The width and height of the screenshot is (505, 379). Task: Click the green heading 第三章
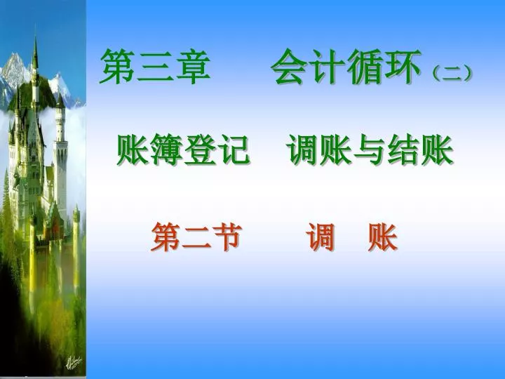click(x=155, y=67)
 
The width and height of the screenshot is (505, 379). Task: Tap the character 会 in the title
click(x=289, y=67)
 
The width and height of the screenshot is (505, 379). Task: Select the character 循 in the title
click(x=365, y=67)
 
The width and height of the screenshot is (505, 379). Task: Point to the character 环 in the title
click(x=403, y=67)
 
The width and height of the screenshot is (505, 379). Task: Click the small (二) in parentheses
click(x=452, y=74)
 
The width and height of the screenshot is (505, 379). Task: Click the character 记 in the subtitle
click(x=234, y=149)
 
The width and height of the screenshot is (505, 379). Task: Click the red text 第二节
click(x=196, y=237)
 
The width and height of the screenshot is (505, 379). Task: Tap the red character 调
click(x=321, y=237)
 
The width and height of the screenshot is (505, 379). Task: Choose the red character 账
click(x=383, y=237)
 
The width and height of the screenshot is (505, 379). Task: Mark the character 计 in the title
click(x=327, y=67)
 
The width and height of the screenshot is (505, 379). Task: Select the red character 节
click(x=227, y=237)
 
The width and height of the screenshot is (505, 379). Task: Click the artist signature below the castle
click(x=74, y=362)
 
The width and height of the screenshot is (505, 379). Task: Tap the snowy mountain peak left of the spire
click(x=14, y=55)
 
